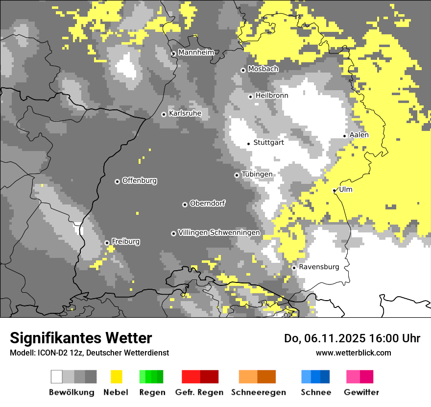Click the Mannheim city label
pos(196,52)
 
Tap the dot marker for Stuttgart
pos(249,144)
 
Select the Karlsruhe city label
pos(185,113)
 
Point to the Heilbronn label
pos(271,96)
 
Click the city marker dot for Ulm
pos(335,190)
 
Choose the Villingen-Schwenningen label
pos(219,232)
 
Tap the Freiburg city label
pos(125,241)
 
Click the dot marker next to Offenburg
pos(117,181)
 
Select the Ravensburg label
pos(319,267)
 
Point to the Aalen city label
pos(359,135)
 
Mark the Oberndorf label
pos(207,203)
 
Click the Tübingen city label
pos(257,174)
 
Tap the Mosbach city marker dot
pos(243,70)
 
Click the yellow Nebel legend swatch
pos(116,377)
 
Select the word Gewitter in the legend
pos(361,392)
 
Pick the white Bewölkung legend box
pos(57,377)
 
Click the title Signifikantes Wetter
pos(81,338)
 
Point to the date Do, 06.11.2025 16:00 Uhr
pos(352,338)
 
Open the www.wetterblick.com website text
pos(353,353)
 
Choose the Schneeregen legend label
pos(258,392)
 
